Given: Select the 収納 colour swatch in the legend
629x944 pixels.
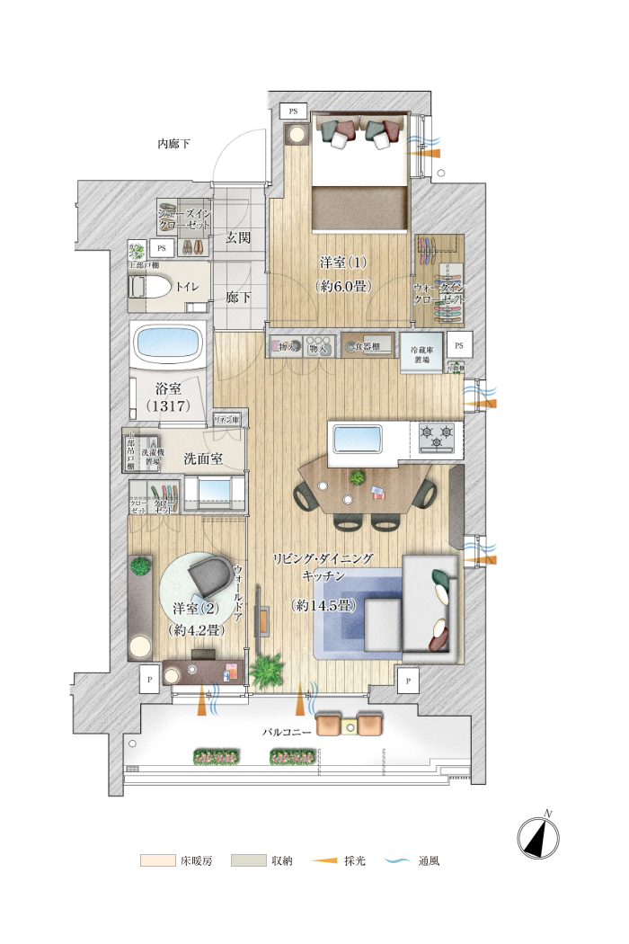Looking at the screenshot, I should point(248,860).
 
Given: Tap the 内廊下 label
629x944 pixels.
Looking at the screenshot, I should point(173,143).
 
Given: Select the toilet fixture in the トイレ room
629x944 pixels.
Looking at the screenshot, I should point(152,287).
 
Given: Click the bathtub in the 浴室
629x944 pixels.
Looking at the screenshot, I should point(170,344).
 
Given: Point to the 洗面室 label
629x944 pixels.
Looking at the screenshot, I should point(203,458).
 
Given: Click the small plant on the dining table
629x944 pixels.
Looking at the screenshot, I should point(359,476).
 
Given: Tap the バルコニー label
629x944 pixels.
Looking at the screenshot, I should point(287,732).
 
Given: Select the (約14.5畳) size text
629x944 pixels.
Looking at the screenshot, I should point(323,606).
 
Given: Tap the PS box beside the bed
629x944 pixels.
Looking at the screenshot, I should point(293,111).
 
